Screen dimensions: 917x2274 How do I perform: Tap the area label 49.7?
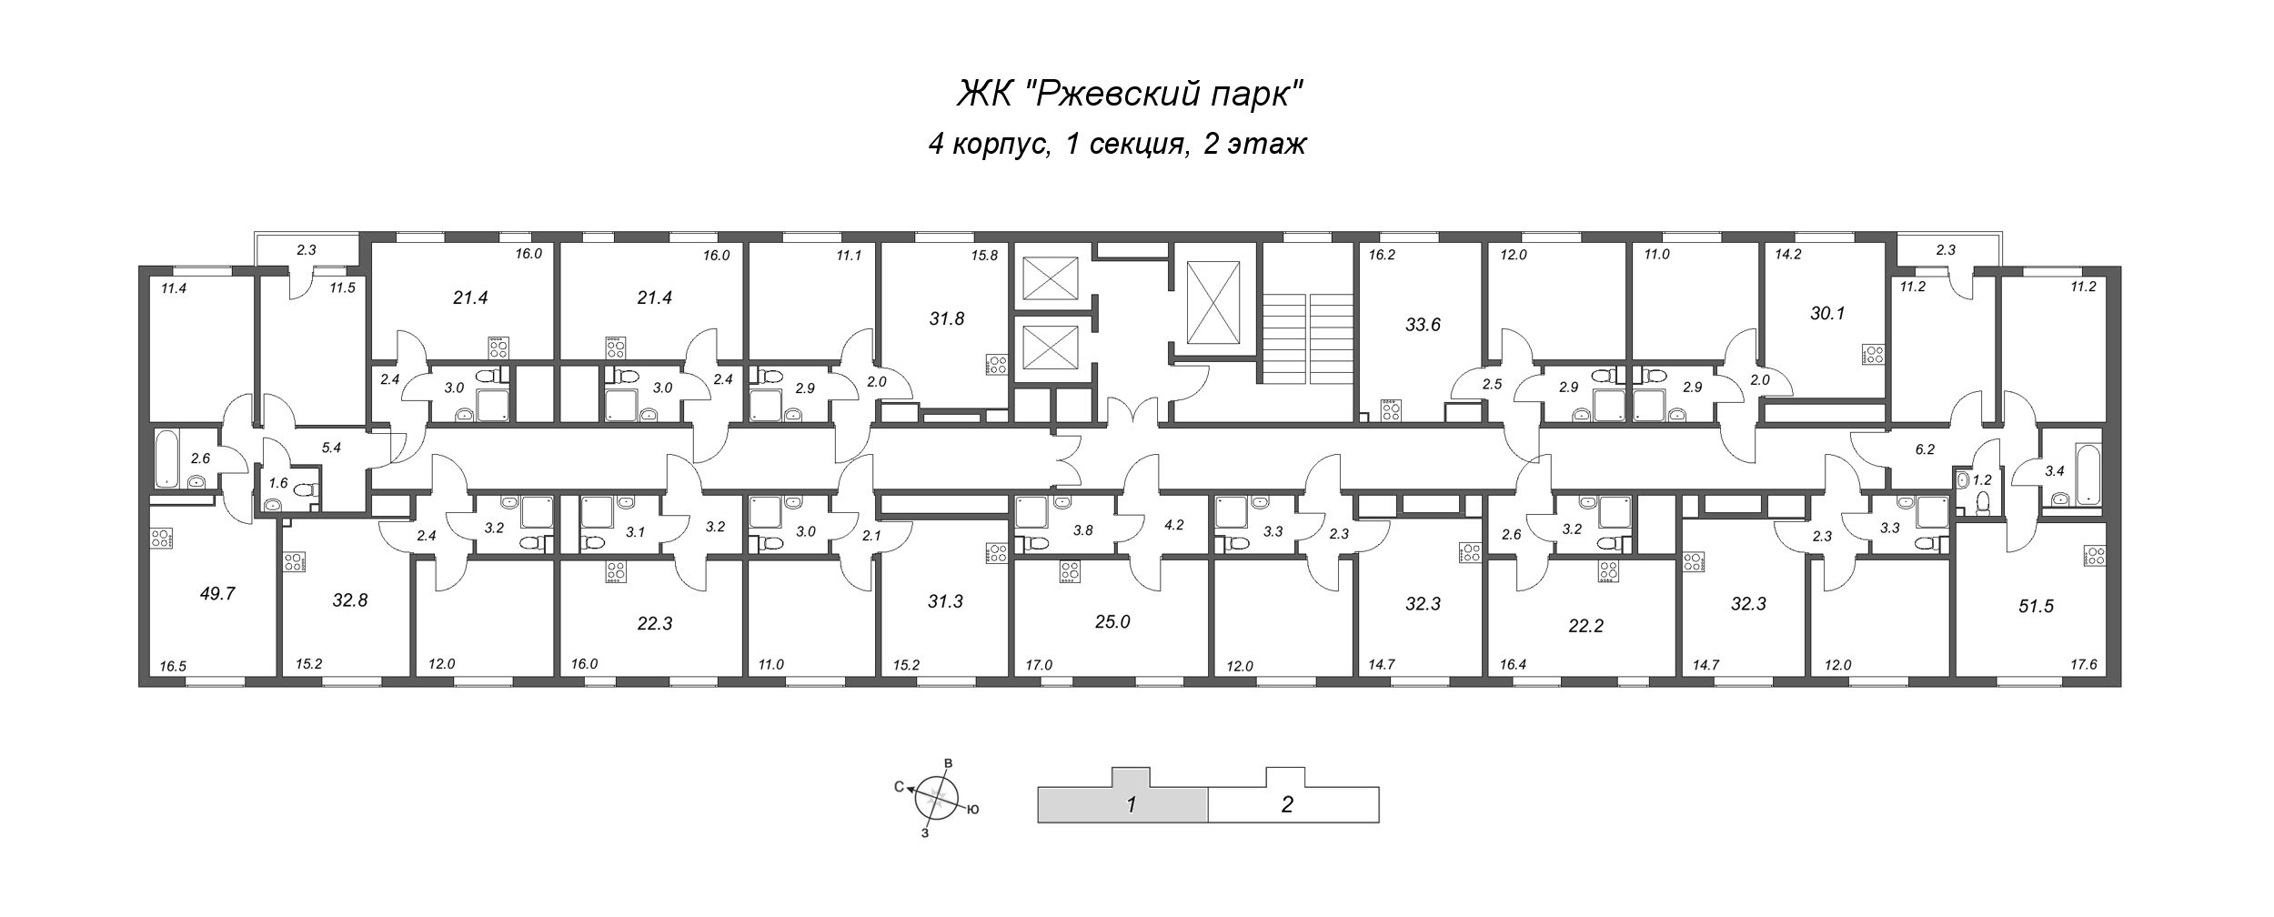(217, 594)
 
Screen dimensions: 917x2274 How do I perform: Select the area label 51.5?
(2036, 606)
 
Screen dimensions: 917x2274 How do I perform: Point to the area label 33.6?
(1423, 325)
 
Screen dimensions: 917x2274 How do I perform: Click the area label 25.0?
(1112, 622)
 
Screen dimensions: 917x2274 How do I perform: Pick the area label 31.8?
(946, 318)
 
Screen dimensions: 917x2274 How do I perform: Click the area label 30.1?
(1827, 313)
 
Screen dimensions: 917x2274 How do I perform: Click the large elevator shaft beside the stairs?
(1214, 302)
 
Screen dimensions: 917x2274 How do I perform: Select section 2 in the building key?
(1286, 804)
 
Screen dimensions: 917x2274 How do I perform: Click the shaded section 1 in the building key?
(1131, 804)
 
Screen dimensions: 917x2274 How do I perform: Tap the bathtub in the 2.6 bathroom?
(166, 458)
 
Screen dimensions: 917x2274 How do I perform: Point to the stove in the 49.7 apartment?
(161, 538)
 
